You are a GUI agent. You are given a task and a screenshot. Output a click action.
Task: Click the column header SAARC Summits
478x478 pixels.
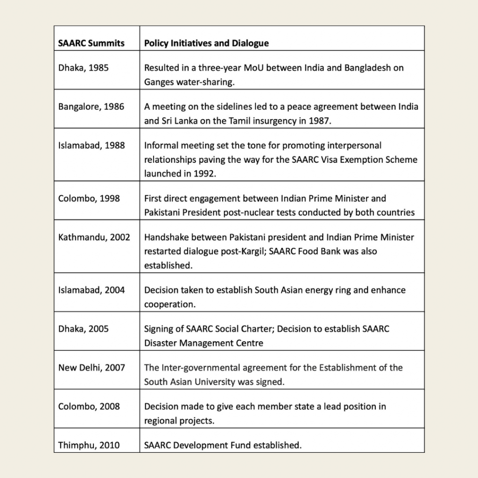91,43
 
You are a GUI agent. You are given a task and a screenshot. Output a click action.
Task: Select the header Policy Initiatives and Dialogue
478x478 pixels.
206,43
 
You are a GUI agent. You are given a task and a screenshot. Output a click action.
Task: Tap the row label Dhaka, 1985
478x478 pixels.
84,68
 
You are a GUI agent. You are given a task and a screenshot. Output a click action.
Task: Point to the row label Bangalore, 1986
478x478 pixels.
91,106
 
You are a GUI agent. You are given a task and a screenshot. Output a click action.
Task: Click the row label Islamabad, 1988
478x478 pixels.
91,145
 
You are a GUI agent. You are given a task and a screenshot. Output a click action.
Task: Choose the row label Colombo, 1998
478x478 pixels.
89,198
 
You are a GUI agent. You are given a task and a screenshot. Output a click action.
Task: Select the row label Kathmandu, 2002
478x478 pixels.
94,237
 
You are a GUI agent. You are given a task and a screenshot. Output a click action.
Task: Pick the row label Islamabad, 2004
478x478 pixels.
91,290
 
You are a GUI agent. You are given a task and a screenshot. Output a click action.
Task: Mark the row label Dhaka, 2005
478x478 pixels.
84,329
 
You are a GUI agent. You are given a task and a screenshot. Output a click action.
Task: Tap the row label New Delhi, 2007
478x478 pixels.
91,367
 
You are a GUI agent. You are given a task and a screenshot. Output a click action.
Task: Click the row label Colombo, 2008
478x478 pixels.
89,406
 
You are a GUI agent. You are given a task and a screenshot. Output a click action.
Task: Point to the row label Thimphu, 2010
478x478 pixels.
89,445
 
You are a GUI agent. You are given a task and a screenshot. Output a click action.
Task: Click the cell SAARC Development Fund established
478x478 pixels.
223,445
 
